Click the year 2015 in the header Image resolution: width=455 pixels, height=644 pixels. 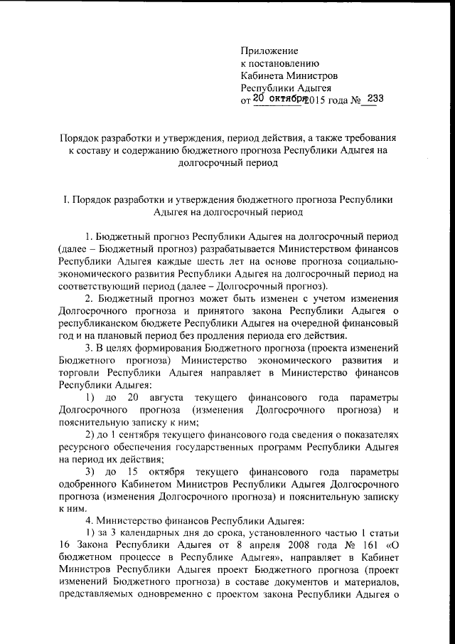[x=312, y=100]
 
